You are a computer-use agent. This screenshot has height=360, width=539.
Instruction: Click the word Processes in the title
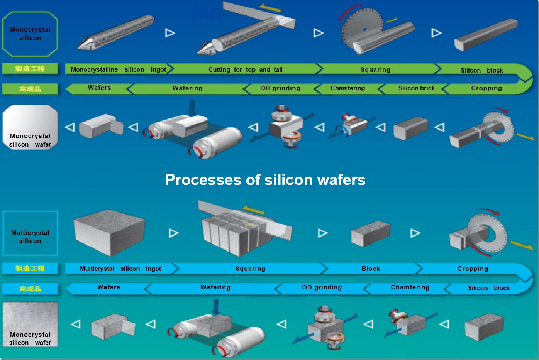tap(200, 180)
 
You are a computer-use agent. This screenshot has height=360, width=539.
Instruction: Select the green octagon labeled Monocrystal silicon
tap(30, 34)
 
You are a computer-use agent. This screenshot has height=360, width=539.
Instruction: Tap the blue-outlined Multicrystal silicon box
tap(30, 234)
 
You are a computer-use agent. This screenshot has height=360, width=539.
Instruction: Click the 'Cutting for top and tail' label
tap(246, 69)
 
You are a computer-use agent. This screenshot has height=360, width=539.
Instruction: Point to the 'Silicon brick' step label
tap(417, 88)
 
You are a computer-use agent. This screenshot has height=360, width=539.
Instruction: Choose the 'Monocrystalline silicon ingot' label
tap(118, 69)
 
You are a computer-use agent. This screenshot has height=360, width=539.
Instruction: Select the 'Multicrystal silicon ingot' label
tap(120, 269)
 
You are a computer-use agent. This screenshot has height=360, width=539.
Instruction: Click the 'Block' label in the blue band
tap(371, 269)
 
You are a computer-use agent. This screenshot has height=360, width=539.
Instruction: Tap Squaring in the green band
tap(375, 69)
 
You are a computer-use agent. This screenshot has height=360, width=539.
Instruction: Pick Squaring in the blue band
tap(250, 269)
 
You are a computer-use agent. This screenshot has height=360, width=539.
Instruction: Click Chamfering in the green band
tap(347, 88)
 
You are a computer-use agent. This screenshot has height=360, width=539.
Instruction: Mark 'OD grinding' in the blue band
tap(322, 287)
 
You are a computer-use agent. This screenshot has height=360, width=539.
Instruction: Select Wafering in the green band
tap(187, 88)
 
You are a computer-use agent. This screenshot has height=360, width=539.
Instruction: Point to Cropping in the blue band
tap(473, 269)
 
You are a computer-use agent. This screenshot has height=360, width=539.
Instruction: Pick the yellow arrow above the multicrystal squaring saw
tap(253, 210)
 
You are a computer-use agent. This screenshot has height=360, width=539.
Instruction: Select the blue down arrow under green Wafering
tap(192, 107)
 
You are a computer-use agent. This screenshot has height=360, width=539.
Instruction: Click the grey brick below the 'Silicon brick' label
tap(411, 128)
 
